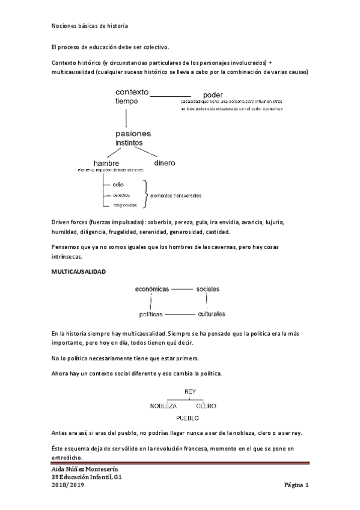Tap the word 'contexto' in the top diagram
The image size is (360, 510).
[132, 92]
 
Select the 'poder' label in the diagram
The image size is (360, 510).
[214, 95]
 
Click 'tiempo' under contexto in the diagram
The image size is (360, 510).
[127, 102]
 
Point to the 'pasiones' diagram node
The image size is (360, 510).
[133, 134]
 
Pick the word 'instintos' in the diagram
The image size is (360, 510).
[130, 143]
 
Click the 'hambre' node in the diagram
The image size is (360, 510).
[106, 163]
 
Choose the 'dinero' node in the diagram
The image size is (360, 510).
[165, 162]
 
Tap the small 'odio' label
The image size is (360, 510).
[118, 185]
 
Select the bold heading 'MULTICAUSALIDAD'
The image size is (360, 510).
[78, 272]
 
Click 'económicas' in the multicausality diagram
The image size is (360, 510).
[153, 289]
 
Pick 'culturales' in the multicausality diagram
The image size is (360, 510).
[210, 314]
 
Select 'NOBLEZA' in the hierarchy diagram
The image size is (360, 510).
[163, 405]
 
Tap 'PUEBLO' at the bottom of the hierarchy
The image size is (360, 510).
[187, 417]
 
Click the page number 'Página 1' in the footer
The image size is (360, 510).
[296, 485]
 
